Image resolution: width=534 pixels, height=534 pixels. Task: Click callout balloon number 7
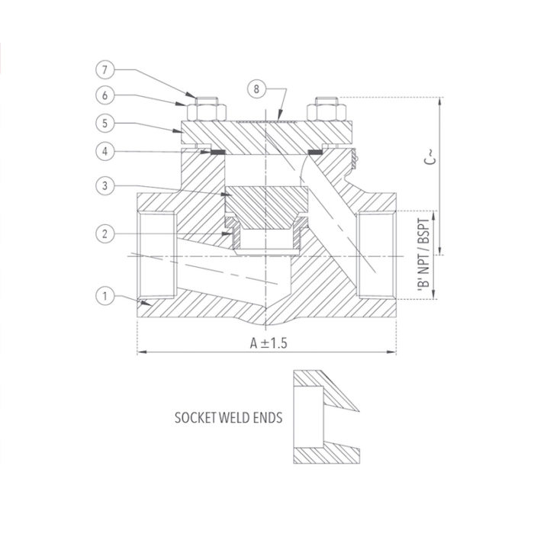(x=108, y=70)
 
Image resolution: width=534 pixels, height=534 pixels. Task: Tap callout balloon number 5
(x=108, y=121)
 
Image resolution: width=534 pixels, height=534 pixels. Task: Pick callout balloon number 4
(x=108, y=152)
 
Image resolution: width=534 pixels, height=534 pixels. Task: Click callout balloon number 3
(x=108, y=185)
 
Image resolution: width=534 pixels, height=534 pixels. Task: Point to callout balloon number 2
(x=108, y=232)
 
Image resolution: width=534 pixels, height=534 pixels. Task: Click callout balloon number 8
(x=257, y=90)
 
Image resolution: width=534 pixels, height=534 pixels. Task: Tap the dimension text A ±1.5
(x=268, y=343)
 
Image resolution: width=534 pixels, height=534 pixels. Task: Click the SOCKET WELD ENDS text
(x=228, y=418)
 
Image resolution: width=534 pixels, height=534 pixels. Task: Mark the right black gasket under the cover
(x=313, y=153)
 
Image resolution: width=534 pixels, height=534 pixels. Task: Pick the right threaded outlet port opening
(x=377, y=254)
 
